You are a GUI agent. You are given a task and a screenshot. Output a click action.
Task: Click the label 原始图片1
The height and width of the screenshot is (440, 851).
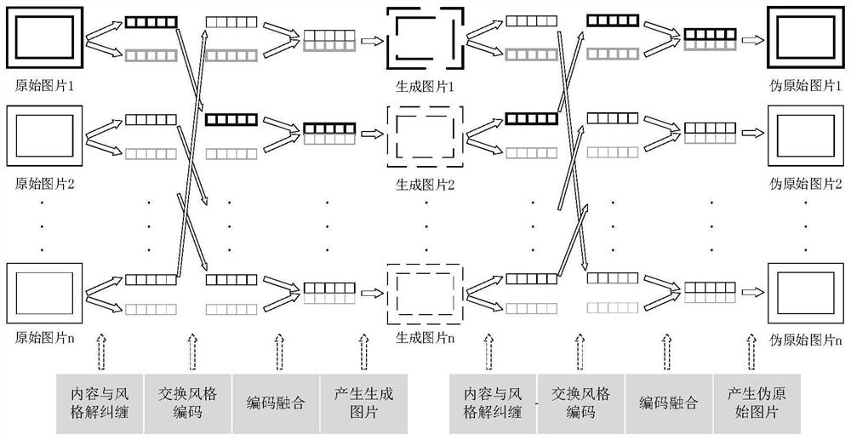click(43, 87)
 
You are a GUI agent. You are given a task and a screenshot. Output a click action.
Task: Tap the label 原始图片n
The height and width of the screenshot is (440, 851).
click(43, 338)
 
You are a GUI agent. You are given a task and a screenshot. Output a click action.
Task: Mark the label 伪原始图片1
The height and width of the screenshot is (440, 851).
click(805, 87)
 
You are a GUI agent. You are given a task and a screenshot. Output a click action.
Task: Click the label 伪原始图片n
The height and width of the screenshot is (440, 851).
click(805, 338)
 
